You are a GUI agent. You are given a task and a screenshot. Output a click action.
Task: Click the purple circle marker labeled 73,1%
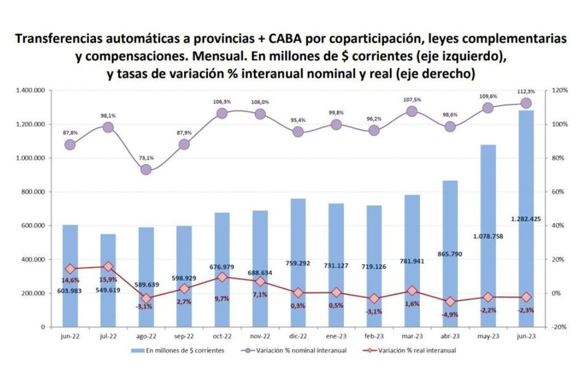pyautogui.click(x=145, y=170)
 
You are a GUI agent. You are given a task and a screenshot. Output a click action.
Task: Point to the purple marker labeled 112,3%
pyautogui.click(x=525, y=102)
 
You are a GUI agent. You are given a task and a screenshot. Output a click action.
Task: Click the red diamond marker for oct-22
pyautogui.click(x=221, y=277)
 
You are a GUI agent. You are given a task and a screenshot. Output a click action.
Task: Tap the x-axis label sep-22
pyautogui.click(x=183, y=337)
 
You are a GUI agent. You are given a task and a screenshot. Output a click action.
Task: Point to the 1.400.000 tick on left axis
pyautogui.click(x=31, y=91)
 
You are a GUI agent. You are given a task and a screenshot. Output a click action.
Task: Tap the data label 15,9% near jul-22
pyautogui.click(x=109, y=280)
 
